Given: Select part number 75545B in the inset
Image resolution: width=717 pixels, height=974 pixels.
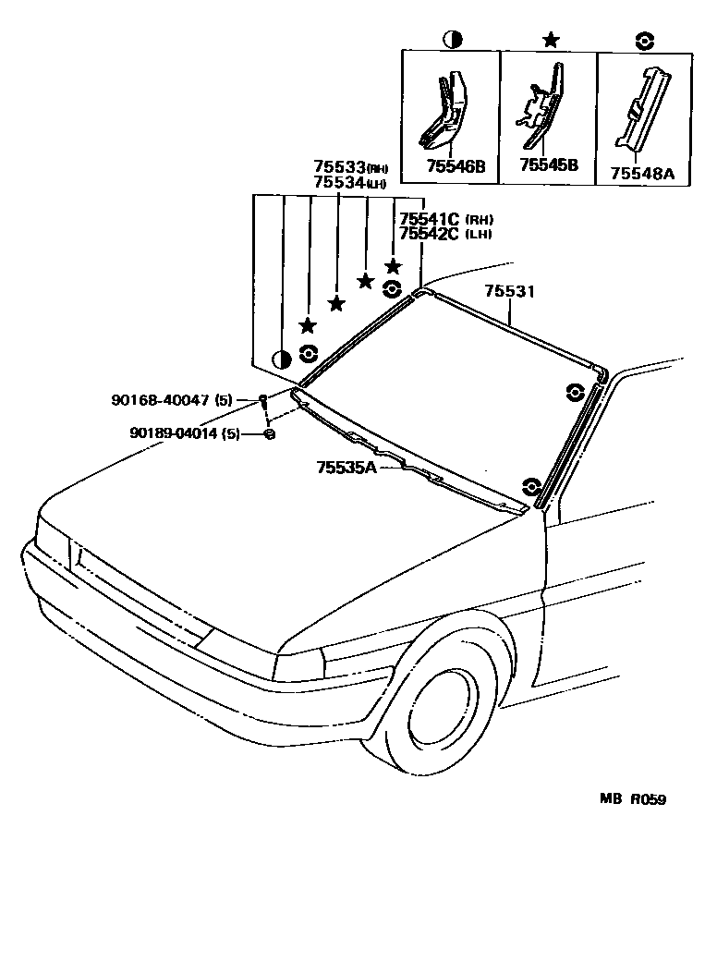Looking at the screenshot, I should [x=548, y=165].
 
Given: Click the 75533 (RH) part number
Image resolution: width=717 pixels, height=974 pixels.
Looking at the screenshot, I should [x=339, y=167].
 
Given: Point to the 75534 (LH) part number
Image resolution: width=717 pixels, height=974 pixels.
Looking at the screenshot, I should [x=339, y=182].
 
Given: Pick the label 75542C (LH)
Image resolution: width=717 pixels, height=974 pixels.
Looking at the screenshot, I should [x=430, y=234].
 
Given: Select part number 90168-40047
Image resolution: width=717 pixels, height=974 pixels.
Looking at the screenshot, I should [x=171, y=400].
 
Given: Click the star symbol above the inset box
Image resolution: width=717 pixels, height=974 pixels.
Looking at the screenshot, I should [x=551, y=40].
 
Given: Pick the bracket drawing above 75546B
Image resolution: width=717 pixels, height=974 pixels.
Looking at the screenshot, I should [x=446, y=110].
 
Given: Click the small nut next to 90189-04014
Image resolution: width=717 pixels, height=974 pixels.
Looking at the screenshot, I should [x=269, y=433].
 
